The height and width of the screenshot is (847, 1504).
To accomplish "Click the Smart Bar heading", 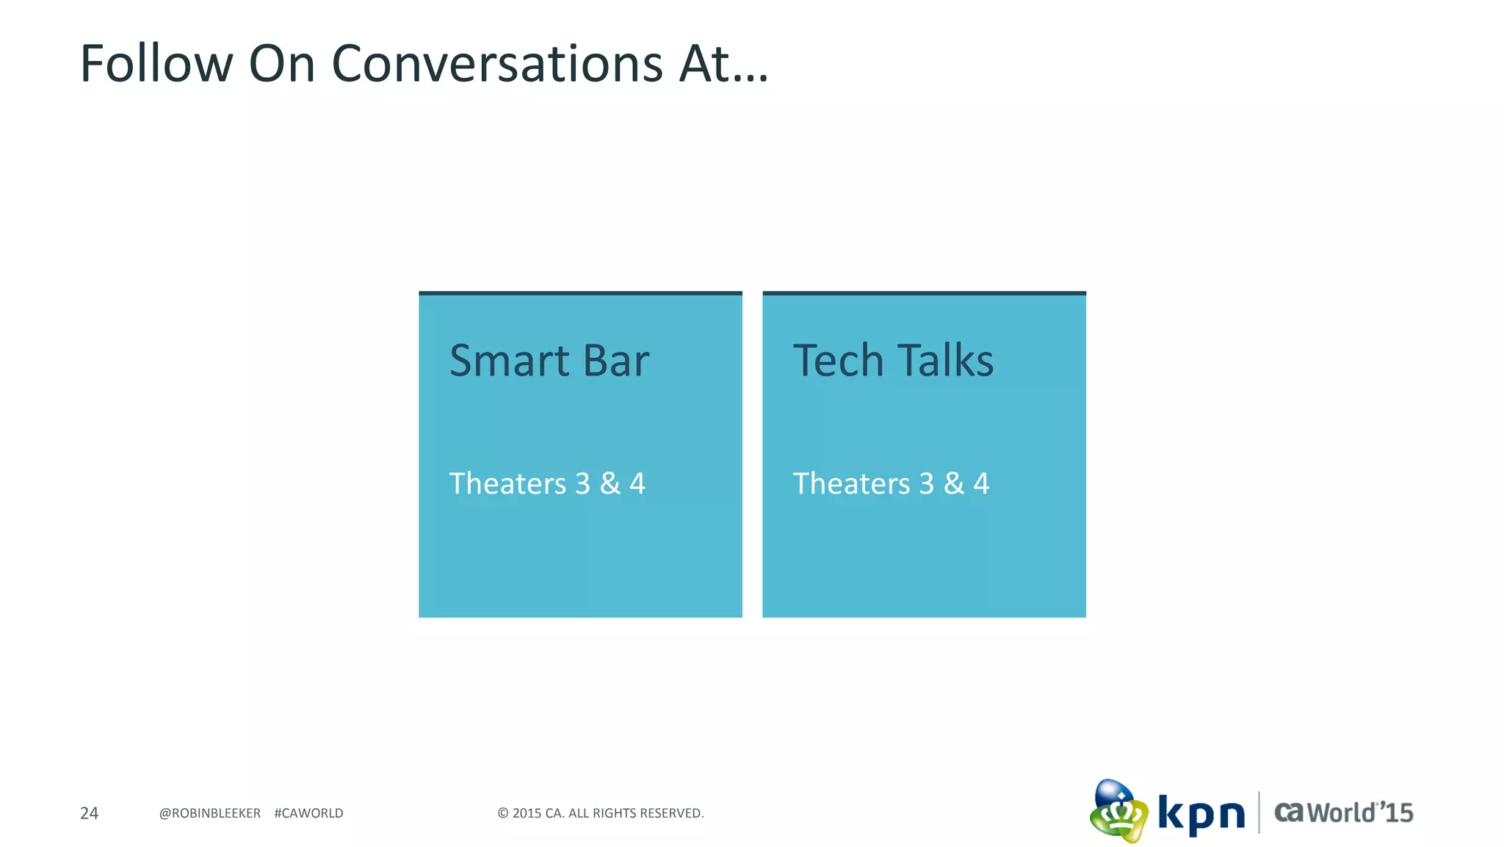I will (x=549, y=361).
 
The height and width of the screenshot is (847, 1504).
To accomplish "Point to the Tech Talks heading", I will (x=893, y=361).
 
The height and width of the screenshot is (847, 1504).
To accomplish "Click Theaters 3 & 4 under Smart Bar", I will (x=547, y=483).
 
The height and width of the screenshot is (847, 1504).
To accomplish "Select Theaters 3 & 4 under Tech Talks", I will (x=891, y=483).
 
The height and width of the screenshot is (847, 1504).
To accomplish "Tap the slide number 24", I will (x=89, y=813).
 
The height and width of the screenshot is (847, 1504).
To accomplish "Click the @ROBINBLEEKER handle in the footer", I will (x=210, y=813).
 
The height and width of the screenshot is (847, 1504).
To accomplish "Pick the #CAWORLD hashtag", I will (x=308, y=813).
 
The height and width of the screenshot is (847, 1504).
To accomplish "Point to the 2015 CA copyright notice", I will (x=601, y=813).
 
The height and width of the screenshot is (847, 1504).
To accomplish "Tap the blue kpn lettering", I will (x=1201, y=814).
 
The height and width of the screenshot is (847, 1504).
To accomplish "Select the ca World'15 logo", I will (x=1343, y=812).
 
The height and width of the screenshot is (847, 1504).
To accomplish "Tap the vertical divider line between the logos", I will (x=1259, y=812).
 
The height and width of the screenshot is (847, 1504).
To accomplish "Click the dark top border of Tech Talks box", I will (x=924, y=293).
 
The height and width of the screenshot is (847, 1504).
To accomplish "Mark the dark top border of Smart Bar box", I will (x=580, y=293).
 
